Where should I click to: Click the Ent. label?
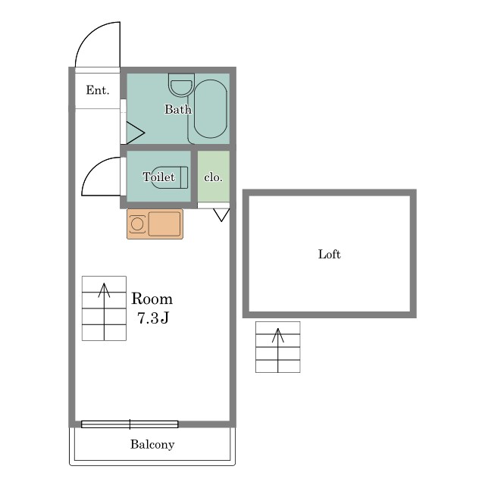(98, 90)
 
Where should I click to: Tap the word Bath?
(178, 109)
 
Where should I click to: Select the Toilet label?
(158, 177)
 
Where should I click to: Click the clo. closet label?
(214, 177)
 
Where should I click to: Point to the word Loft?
(330, 254)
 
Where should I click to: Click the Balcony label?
(152, 444)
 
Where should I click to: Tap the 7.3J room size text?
(153, 318)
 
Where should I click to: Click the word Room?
(152, 299)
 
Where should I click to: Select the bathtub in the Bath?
(211, 109)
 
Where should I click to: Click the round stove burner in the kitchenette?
(137, 224)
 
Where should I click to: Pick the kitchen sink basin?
(164, 224)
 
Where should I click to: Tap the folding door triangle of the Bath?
(135, 133)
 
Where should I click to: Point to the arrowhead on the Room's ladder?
(105, 289)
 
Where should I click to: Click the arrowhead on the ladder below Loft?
(278, 335)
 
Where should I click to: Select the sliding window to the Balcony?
(130, 424)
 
